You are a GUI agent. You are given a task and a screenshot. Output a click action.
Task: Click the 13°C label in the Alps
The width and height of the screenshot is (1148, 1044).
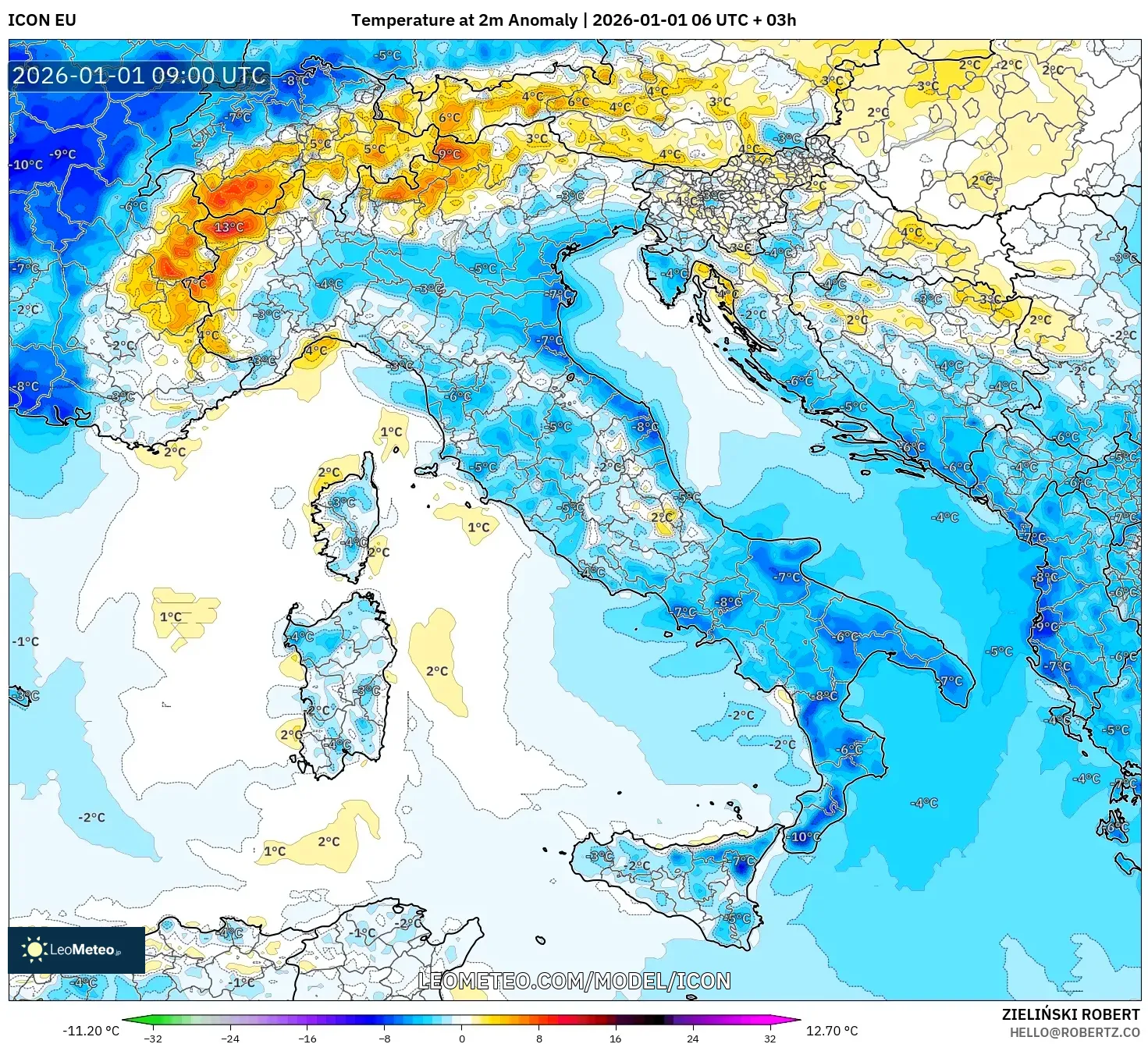coord(229,227)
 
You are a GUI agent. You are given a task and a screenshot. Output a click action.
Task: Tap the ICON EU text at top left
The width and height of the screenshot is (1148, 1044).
coord(42,20)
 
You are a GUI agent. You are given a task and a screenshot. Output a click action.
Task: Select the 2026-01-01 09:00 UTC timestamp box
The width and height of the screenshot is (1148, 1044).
coord(139,76)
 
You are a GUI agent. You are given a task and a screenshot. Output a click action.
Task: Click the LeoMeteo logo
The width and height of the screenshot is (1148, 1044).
coord(76,950)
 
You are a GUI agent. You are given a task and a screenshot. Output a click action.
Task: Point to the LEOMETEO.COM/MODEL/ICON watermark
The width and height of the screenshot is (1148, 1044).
coord(574,981)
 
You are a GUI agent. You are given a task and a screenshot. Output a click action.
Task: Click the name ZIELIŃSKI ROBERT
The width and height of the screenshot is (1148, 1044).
coord(1071,1014)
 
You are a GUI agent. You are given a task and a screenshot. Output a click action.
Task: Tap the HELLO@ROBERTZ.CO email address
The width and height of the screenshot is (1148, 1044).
coord(1075,1032)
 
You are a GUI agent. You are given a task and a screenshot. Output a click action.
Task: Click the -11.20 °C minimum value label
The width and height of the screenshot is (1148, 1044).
coord(91,1031)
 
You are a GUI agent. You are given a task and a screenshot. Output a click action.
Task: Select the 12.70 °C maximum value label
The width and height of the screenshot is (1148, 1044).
coord(832,1031)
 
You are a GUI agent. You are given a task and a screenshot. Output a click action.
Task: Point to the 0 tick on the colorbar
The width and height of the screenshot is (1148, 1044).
coord(462,1038)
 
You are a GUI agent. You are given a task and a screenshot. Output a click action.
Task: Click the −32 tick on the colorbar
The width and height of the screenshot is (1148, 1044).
coord(153,1038)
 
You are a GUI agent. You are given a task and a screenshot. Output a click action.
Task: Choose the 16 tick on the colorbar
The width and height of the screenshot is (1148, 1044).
coord(616,1038)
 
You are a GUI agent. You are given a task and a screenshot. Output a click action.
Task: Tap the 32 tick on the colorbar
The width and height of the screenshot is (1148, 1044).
coord(769,1038)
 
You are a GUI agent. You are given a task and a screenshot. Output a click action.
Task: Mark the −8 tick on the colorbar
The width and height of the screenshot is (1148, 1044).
coord(385,1038)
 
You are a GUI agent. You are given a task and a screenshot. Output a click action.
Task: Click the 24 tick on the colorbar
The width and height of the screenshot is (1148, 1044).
coord(693,1038)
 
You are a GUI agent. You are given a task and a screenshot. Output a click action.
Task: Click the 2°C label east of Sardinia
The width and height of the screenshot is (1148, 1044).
coord(437,671)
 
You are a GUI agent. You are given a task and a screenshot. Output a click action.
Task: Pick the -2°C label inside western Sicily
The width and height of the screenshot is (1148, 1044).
coord(638,865)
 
